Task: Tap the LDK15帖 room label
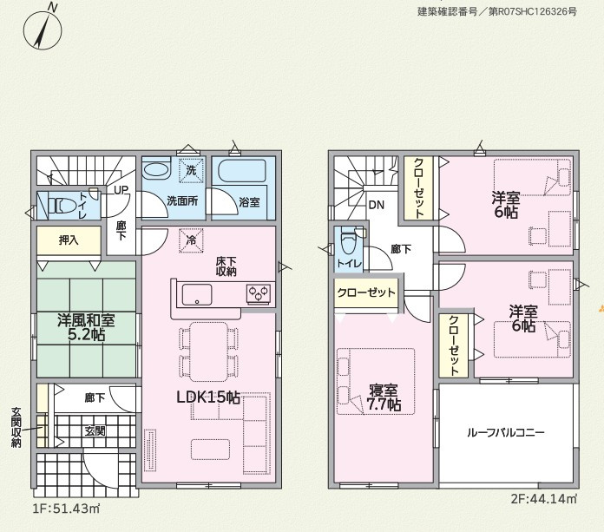click(x=208, y=397)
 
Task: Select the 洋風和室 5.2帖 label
click(x=86, y=327)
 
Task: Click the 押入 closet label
click(x=69, y=240)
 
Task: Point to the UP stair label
click(x=121, y=190)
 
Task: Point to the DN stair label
click(x=377, y=205)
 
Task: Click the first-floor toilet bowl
click(x=62, y=206)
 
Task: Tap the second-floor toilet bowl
click(x=349, y=242)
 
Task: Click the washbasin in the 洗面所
click(x=156, y=168)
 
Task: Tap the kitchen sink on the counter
click(x=197, y=295)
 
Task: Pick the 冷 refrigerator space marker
click(x=191, y=240)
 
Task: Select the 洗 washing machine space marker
click(x=191, y=170)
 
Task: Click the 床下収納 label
click(x=226, y=266)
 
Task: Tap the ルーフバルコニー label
click(x=506, y=432)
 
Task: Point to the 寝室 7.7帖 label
click(x=384, y=397)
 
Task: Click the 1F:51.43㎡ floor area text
click(x=66, y=509)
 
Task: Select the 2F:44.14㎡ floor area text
click(x=544, y=499)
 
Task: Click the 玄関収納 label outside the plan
click(x=16, y=427)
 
